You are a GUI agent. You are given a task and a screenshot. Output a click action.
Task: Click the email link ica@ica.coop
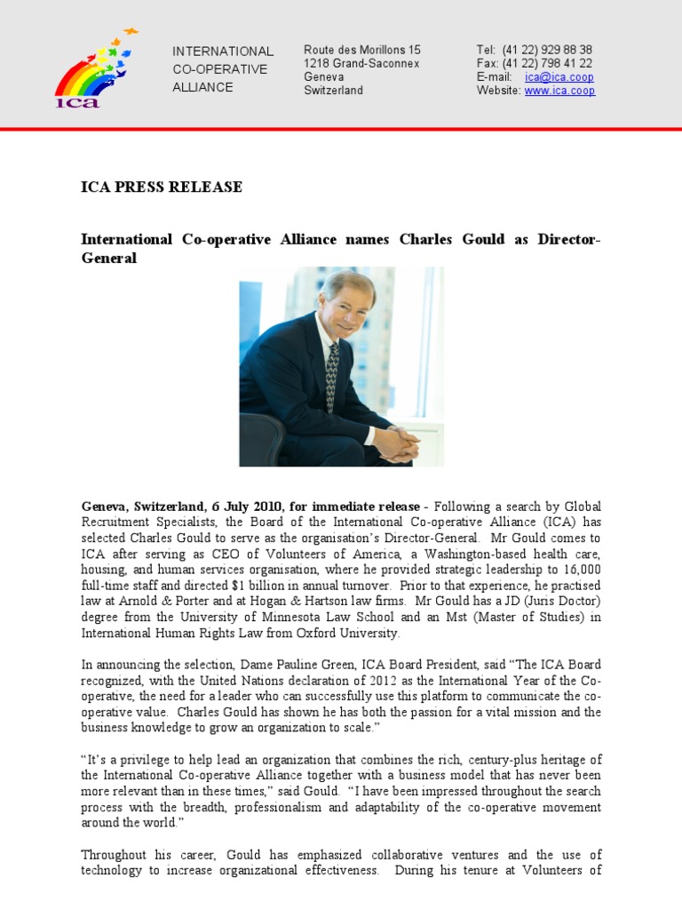[559, 77]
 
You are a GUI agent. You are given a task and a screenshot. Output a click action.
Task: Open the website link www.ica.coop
[559, 91]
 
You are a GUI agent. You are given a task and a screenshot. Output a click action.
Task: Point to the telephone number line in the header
[535, 50]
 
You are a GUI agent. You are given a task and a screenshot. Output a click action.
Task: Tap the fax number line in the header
[535, 63]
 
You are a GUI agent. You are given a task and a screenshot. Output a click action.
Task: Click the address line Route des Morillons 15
[362, 50]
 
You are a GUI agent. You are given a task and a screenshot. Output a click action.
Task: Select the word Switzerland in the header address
[333, 91]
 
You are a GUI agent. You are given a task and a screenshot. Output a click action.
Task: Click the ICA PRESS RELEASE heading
[162, 188]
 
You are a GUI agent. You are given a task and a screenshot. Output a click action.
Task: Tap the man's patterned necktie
[332, 372]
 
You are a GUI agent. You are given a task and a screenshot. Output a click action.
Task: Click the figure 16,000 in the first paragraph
[581, 570]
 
